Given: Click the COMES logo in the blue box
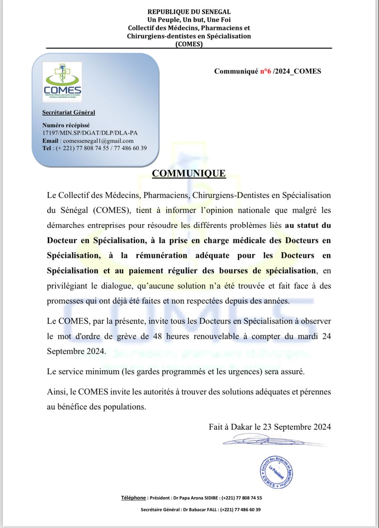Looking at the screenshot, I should (x=62, y=82).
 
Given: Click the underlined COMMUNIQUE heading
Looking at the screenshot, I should (x=189, y=173).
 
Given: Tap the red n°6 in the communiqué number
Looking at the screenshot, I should (x=266, y=71).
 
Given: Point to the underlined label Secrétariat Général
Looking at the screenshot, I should (x=68, y=112).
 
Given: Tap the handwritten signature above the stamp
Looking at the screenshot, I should (x=264, y=441).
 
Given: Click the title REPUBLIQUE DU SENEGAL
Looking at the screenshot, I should (x=189, y=12).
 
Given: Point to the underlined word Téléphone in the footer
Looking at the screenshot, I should (x=133, y=497).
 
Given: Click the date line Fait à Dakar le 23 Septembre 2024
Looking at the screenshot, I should (x=270, y=427).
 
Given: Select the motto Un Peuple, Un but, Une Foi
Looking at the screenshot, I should (x=189, y=20).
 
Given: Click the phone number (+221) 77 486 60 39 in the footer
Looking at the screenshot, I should (x=240, y=509).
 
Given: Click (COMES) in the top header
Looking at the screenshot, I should (x=189, y=44).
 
